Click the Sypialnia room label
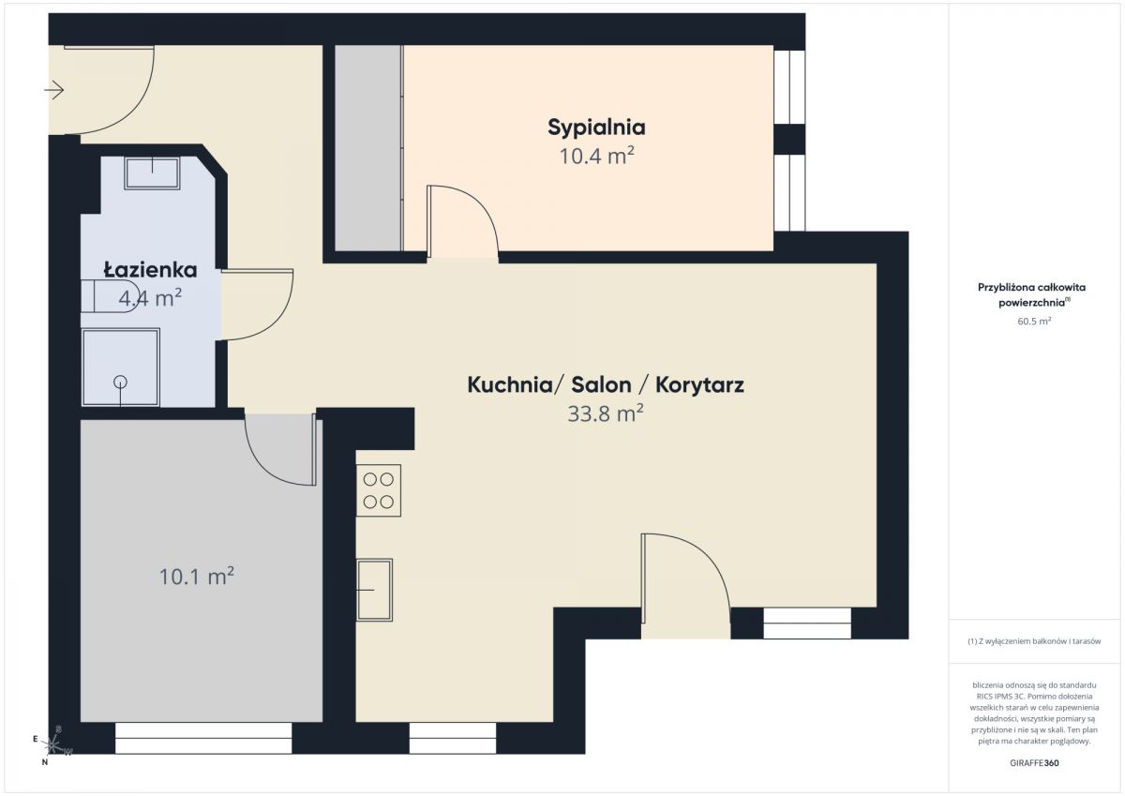[596, 128]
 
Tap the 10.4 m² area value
[596, 156]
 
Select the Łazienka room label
[150, 270]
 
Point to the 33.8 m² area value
[606, 413]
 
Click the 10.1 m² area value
[196, 576]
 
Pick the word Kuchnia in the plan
[510, 385]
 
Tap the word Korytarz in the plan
[699, 385]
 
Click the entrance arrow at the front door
[54, 90]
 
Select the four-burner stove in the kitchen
[379, 490]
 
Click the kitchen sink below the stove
[374, 590]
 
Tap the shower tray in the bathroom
[121, 368]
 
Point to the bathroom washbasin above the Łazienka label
[152, 173]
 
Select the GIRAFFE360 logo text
[1034, 763]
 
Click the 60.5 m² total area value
[1034, 321]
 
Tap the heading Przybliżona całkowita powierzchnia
[1031, 294]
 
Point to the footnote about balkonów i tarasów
[1034, 641]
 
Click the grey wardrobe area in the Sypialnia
[368, 147]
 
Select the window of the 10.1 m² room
[203, 738]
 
